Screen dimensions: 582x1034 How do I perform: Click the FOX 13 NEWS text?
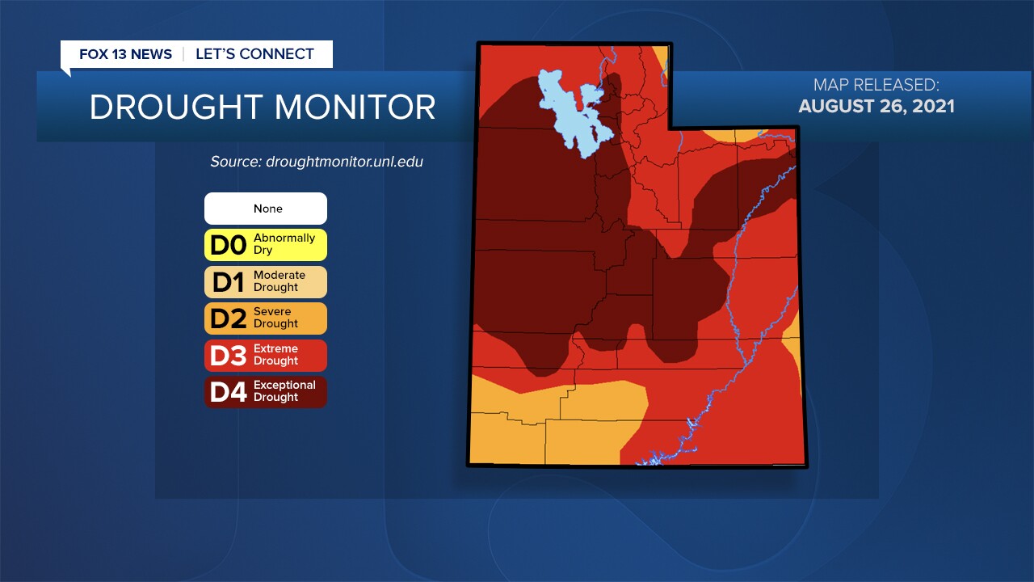coord(125,54)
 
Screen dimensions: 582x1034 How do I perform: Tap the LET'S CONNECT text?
coord(254,54)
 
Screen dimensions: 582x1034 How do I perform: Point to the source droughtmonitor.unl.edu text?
coord(317,162)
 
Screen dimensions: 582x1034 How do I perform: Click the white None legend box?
coord(266,209)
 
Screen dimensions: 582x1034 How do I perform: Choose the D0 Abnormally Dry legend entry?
coord(266,245)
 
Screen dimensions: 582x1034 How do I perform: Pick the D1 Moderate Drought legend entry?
coord(266,281)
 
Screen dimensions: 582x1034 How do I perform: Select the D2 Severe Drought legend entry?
coord(266,318)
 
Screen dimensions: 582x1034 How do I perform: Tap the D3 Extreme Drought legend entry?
coord(266,355)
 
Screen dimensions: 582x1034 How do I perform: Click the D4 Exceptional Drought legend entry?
coord(266,391)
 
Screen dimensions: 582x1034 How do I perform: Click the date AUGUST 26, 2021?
coord(876,106)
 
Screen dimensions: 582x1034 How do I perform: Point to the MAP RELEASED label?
coord(876,85)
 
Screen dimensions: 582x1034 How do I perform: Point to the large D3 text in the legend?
coord(228,355)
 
